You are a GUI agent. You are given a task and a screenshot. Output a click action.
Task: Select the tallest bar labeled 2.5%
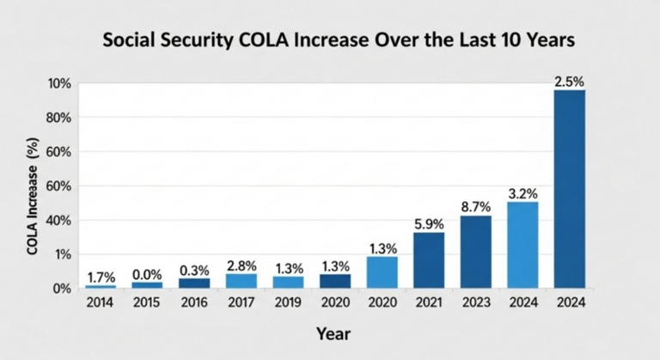pyautogui.click(x=570, y=188)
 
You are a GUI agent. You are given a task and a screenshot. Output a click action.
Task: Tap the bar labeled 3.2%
pyautogui.click(x=522, y=245)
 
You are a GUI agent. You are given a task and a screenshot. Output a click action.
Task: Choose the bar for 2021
pyautogui.click(x=429, y=259)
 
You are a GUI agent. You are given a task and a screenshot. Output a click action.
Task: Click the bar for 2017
pyautogui.click(x=241, y=280)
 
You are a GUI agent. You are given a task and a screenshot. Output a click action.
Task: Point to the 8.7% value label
pyautogui.click(x=475, y=206)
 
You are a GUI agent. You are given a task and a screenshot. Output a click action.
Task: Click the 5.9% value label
pyautogui.click(x=429, y=223)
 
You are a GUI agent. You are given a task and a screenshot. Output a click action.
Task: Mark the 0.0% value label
pyautogui.click(x=147, y=273)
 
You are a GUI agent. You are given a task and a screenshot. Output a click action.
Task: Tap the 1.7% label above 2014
pyautogui.click(x=101, y=277)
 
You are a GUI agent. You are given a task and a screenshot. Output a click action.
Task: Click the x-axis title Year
pyautogui.click(x=333, y=332)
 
